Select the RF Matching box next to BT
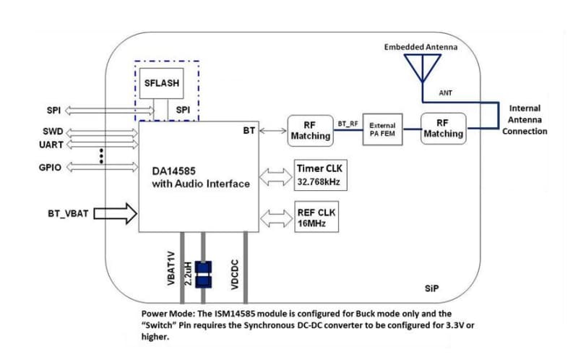point(310,130)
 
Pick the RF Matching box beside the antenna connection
point(444,129)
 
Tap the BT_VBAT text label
point(66,213)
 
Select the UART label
point(51,145)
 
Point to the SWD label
point(53,132)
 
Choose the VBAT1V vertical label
point(171,269)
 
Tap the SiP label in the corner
point(431,288)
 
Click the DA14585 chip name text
point(176,171)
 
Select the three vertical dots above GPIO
point(102,155)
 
